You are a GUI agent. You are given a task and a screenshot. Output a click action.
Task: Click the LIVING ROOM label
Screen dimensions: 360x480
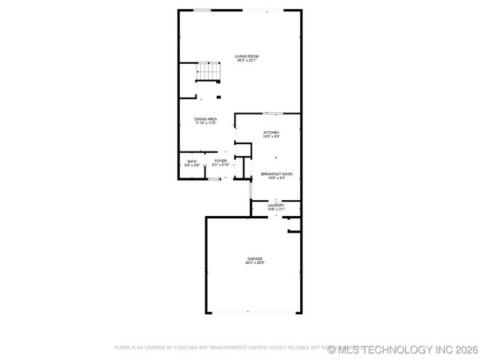(x=246, y=56)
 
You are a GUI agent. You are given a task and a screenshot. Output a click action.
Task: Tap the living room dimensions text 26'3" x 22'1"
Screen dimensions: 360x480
(x=246, y=61)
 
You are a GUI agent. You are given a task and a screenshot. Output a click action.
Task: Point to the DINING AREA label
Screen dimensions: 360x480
(x=205, y=119)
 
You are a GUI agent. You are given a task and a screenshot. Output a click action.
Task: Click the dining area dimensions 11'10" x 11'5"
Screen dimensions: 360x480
(x=205, y=124)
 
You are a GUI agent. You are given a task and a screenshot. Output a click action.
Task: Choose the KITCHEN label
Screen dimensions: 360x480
(x=271, y=133)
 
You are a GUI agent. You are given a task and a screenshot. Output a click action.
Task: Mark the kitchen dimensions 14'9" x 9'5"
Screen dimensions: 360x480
(x=271, y=137)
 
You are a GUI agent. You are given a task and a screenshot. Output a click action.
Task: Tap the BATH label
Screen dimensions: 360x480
(x=192, y=161)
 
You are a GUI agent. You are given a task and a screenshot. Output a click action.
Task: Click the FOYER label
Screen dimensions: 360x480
(x=220, y=161)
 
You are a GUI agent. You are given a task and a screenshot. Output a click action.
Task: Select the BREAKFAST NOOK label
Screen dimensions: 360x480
(x=277, y=173)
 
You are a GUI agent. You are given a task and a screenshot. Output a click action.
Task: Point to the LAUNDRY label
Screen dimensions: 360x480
(x=276, y=205)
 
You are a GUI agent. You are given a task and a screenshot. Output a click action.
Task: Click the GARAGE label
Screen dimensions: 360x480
(x=255, y=259)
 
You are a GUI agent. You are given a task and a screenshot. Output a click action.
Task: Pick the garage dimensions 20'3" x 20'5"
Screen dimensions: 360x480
(x=255, y=263)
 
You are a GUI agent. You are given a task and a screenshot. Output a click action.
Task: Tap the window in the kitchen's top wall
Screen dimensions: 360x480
(x=272, y=113)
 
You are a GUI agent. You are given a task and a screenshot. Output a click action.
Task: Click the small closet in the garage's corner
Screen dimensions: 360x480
(x=295, y=224)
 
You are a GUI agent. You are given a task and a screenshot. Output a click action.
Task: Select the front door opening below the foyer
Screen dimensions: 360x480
(x=214, y=179)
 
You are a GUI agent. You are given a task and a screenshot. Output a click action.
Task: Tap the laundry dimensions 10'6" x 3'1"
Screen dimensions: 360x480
(x=276, y=209)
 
